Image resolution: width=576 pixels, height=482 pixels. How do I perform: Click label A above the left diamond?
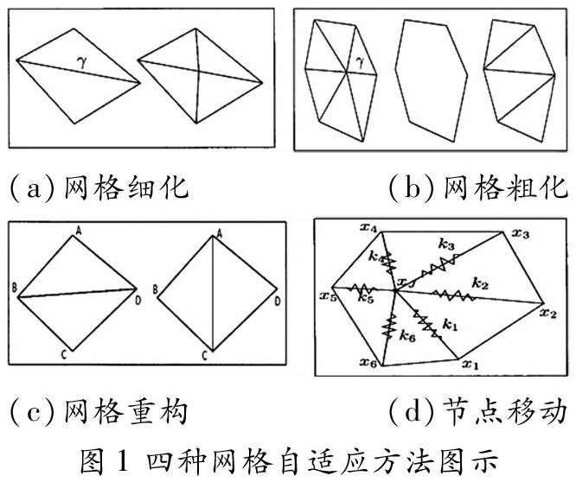tap(77, 230)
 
